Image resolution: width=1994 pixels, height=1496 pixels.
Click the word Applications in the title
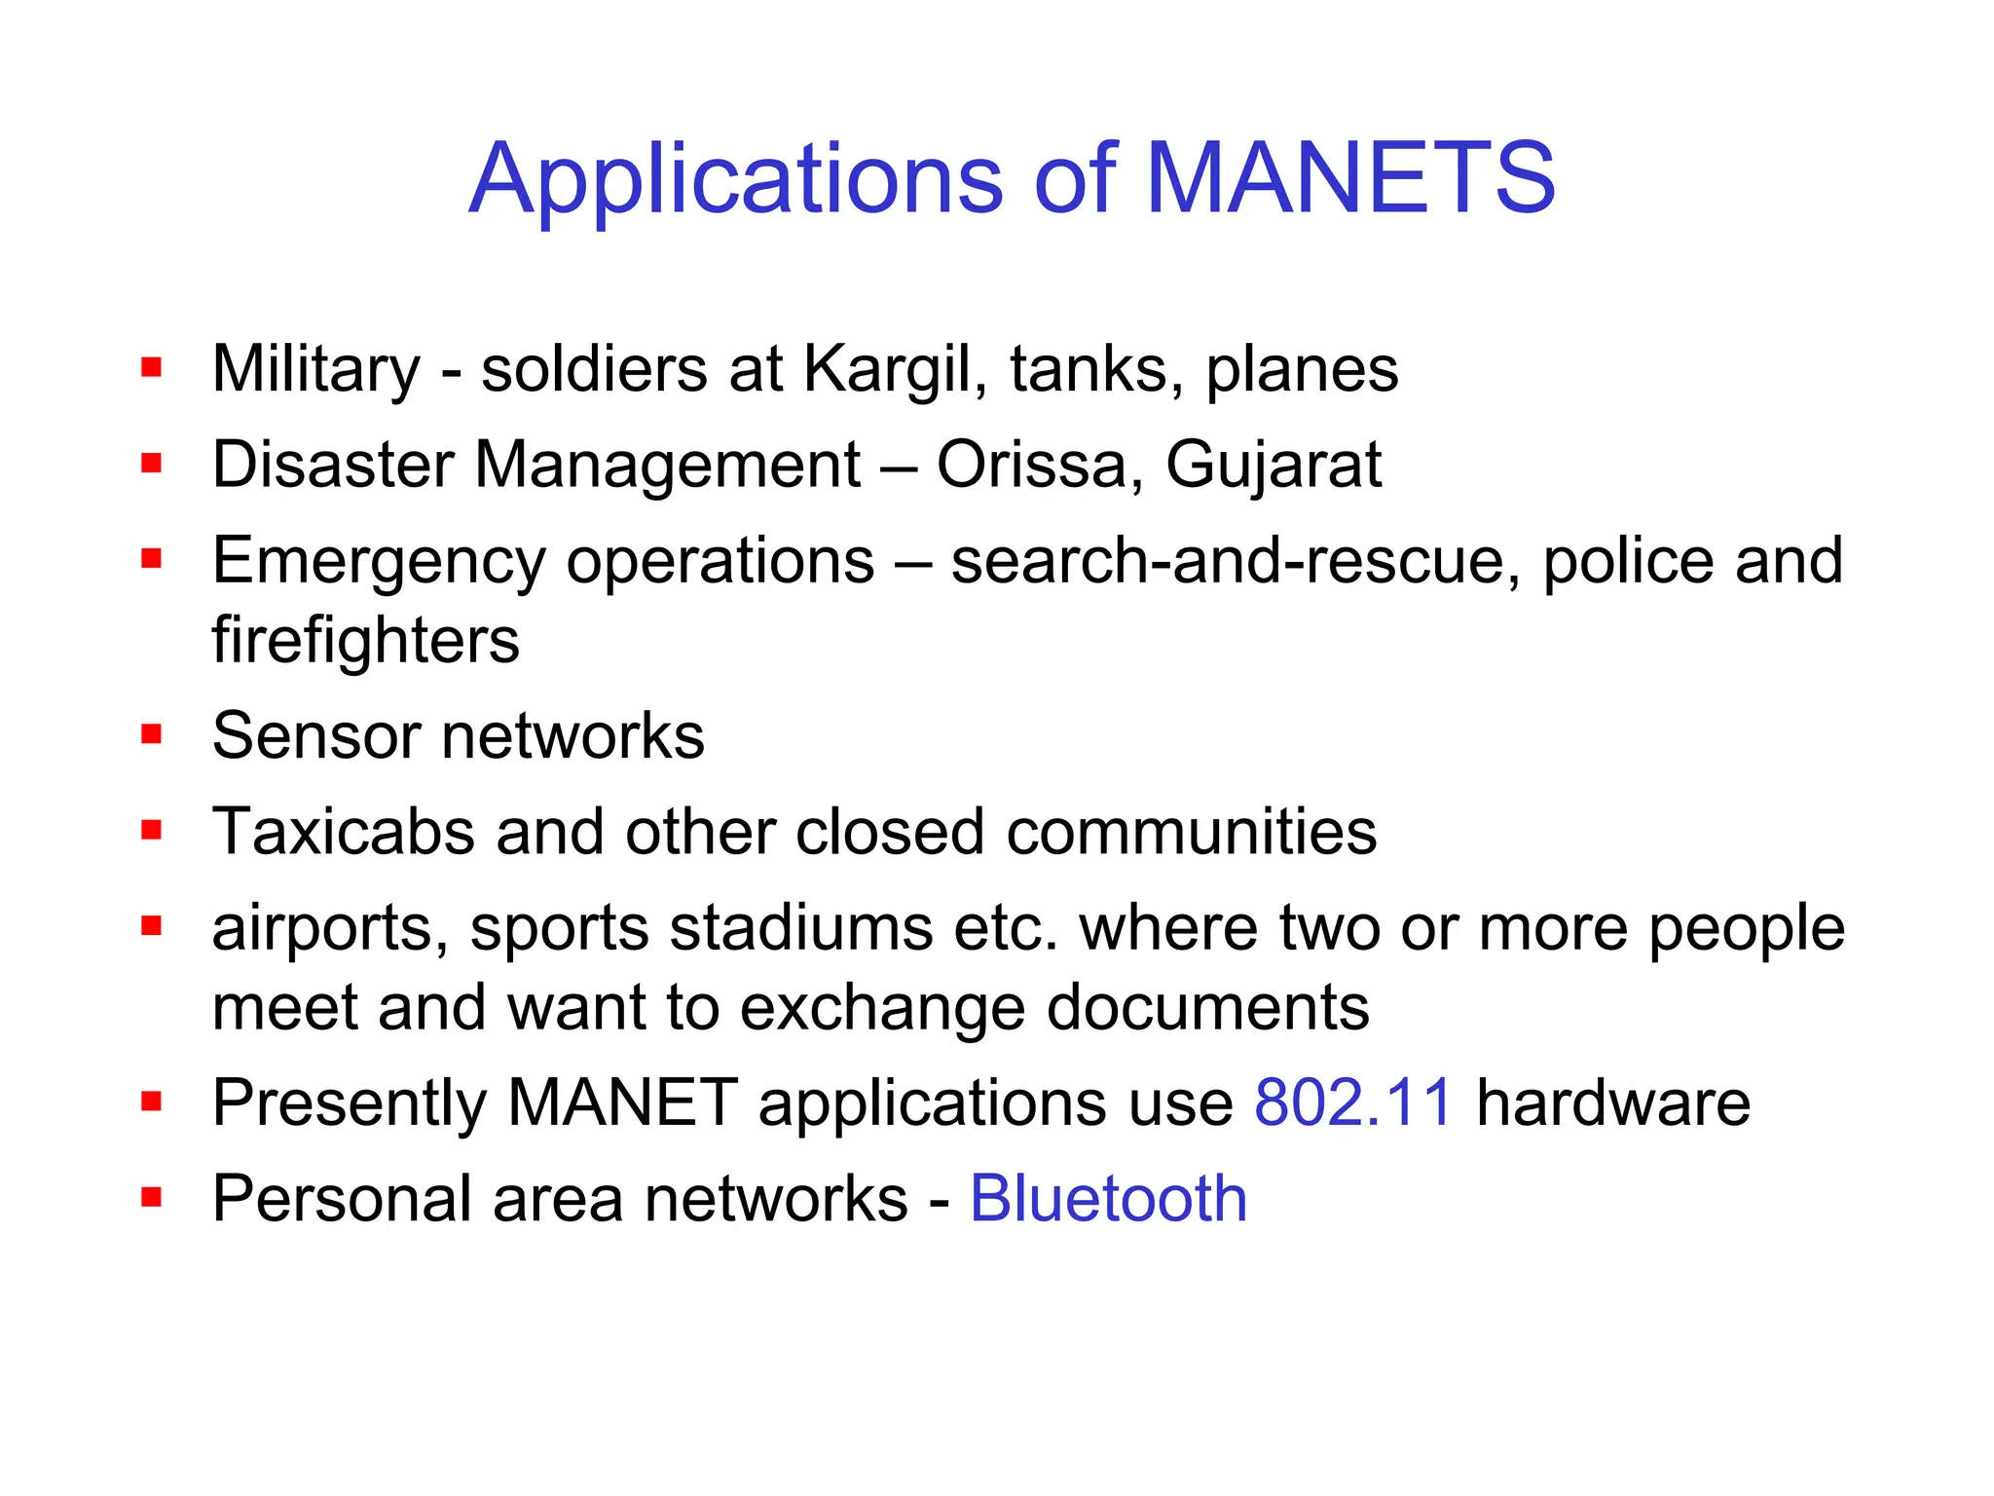pyautogui.click(x=735, y=180)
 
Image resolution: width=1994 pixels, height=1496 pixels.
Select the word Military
pyautogui.click(x=316, y=370)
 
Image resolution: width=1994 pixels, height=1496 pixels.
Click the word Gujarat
pyautogui.click(x=1274, y=467)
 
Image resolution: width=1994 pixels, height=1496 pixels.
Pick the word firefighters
pyautogui.click(x=366, y=640)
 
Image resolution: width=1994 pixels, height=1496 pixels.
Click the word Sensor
pyautogui.click(x=316, y=735)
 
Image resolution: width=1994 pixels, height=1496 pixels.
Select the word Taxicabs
pyautogui.click(x=343, y=833)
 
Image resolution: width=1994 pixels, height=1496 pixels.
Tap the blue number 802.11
pyautogui.click(x=1353, y=1103)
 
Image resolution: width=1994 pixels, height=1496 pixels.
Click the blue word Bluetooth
pyautogui.click(x=1108, y=1198)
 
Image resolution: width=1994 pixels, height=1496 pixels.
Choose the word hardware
pyautogui.click(x=1613, y=1103)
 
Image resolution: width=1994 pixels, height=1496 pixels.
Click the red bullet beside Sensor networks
pyautogui.click(x=151, y=733)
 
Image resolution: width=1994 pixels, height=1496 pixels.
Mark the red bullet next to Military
pyautogui.click(x=151, y=367)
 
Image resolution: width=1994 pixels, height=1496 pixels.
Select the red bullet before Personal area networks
pyautogui.click(x=151, y=1196)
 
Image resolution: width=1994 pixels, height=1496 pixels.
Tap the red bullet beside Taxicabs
pyautogui.click(x=151, y=830)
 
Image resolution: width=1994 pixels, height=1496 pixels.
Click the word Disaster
pyautogui.click(x=332, y=465)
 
